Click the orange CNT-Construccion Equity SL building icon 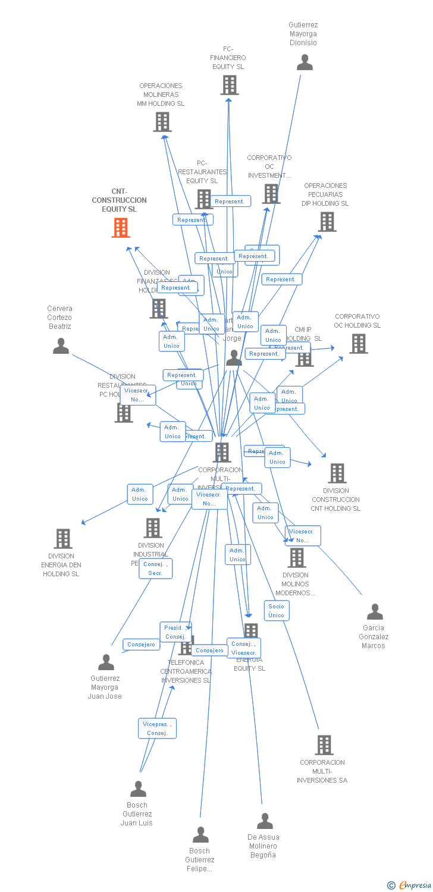point(121,228)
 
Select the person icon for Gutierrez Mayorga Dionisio point(305,62)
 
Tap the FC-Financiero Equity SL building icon point(230,85)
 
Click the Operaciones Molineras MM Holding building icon point(162,122)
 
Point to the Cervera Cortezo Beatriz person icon point(61,346)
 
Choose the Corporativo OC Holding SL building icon point(358,344)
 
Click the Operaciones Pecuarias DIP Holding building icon point(327,222)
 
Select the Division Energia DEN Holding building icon point(62,539)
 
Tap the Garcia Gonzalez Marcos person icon point(375,612)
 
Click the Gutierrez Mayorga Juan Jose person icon point(106,662)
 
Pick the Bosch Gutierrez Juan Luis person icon point(138,789)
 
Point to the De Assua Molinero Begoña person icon point(265,821)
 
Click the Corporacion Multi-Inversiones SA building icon point(324,745)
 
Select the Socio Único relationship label point(277,611)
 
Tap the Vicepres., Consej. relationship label point(157,728)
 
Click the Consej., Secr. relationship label point(156,569)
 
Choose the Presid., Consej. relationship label point(175,632)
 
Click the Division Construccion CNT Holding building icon point(337,473)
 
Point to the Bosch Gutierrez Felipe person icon point(200,835)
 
